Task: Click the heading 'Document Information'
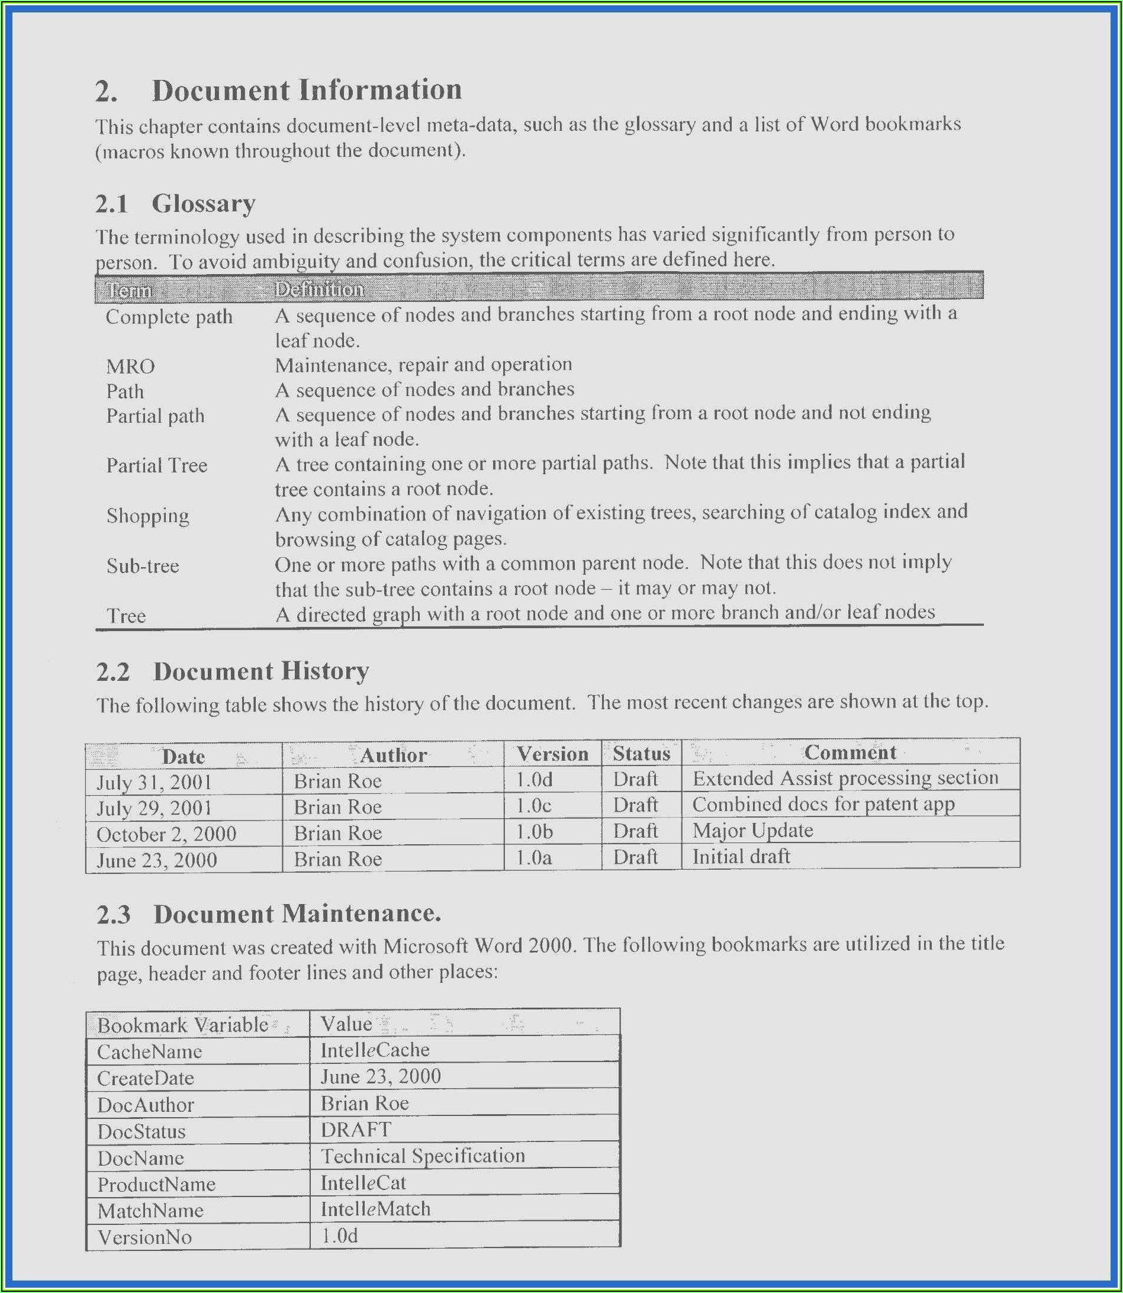(x=307, y=90)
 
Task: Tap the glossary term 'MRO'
(x=130, y=366)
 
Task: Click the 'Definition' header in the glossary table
(x=319, y=290)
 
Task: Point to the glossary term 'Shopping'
(x=148, y=516)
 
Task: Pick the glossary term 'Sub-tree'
(x=143, y=566)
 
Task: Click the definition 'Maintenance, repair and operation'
(x=424, y=365)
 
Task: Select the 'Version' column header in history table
(x=552, y=754)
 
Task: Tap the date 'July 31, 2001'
(x=154, y=782)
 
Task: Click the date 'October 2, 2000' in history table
(x=166, y=834)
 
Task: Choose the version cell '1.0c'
(x=534, y=805)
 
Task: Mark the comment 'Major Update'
(x=752, y=831)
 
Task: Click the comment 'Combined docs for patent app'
(x=823, y=804)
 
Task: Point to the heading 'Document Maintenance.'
(x=297, y=914)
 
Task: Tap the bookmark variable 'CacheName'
(x=149, y=1051)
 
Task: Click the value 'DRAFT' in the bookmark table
(x=356, y=1130)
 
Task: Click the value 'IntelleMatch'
(x=375, y=1209)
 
